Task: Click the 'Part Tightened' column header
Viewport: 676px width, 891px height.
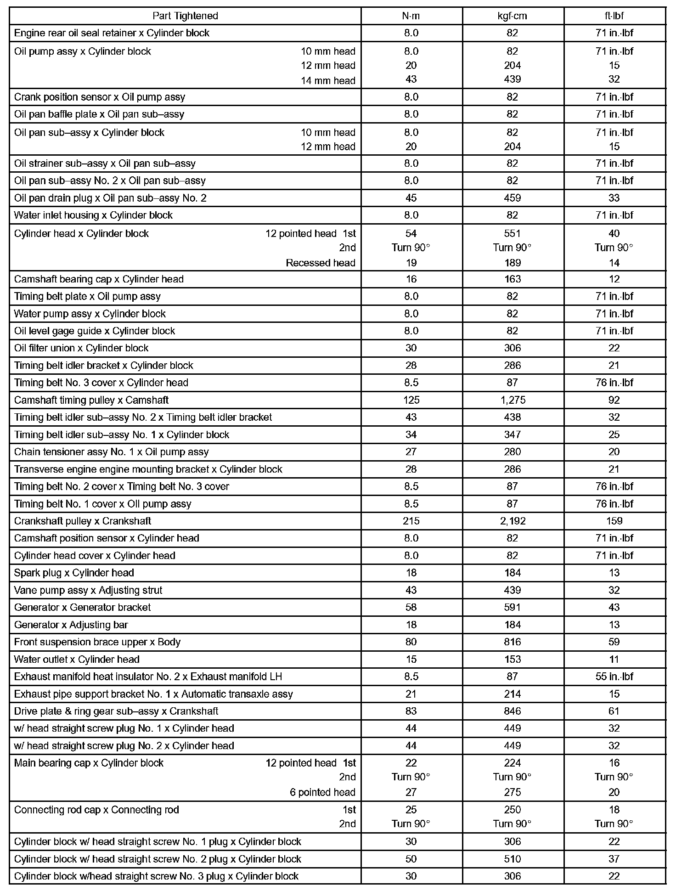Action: point(185,16)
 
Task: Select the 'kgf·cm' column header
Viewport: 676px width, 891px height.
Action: point(513,16)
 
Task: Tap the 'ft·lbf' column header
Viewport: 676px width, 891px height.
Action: point(614,16)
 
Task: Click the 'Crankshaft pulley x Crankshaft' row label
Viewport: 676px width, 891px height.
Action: point(83,521)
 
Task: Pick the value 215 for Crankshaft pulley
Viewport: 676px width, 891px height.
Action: point(411,521)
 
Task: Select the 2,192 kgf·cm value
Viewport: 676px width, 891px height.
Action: point(513,521)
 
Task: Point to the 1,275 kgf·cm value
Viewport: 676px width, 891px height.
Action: point(513,400)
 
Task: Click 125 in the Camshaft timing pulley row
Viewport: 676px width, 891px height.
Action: point(411,400)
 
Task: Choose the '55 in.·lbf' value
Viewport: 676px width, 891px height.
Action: point(614,677)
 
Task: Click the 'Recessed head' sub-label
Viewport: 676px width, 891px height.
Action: point(321,263)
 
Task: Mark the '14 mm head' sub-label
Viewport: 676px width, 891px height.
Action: point(328,81)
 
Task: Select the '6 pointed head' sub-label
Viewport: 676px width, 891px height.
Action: point(322,792)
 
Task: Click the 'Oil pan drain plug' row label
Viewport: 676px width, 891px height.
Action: point(110,198)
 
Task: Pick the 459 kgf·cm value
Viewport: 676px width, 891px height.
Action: point(513,198)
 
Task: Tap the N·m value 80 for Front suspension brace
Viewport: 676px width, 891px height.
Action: point(411,642)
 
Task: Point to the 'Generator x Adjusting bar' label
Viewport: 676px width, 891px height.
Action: point(71,625)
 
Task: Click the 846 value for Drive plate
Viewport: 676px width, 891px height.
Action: point(513,711)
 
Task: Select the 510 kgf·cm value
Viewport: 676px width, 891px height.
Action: point(513,859)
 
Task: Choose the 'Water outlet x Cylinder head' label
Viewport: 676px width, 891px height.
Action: point(77,660)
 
